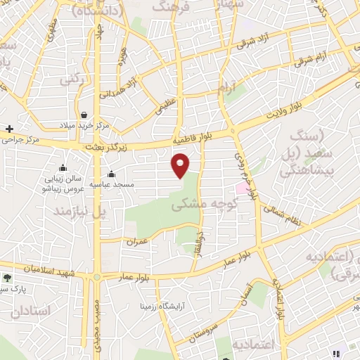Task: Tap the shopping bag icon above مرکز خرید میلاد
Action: coord(84,115)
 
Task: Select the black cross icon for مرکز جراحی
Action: coord(9,129)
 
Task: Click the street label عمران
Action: coord(136,243)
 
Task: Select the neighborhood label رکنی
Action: coord(72,79)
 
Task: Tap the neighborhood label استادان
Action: coord(32,310)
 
